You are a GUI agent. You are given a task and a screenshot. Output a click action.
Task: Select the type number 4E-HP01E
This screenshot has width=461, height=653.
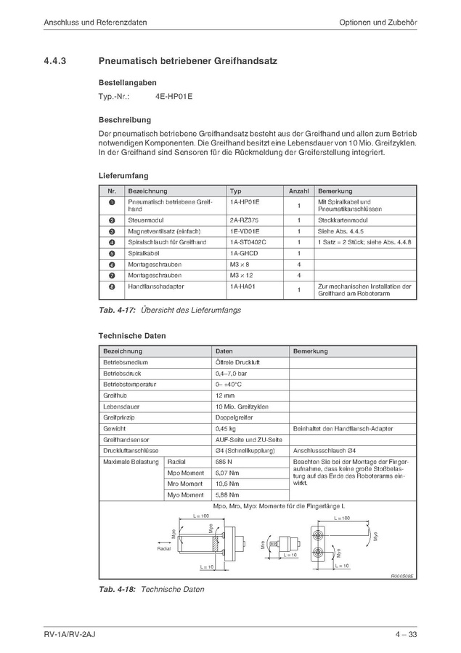(x=174, y=96)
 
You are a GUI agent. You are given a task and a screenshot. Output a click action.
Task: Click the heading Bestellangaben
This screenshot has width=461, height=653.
(x=127, y=83)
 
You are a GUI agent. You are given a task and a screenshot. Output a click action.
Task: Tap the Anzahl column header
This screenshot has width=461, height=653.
(x=298, y=191)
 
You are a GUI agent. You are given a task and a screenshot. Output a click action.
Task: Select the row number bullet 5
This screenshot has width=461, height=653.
(x=112, y=253)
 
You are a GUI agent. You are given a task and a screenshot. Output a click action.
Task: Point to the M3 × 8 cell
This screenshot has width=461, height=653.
(x=240, y=264)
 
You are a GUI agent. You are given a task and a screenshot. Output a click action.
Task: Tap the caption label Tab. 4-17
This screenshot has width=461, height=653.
(x=115, y=311)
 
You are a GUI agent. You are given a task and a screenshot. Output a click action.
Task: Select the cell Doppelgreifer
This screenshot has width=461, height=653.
(x=232, y=417)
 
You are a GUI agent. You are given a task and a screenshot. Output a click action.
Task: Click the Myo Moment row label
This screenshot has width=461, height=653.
(x=185, y=494)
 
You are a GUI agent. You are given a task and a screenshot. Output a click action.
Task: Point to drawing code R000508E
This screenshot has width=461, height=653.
(x=401, y=575)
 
